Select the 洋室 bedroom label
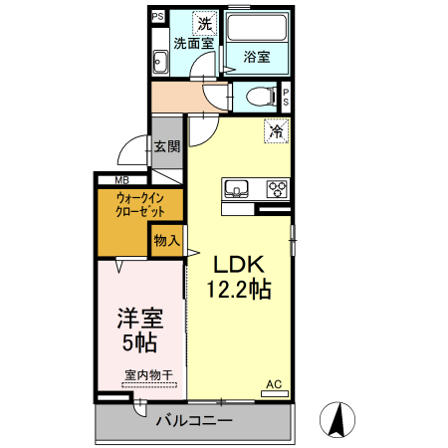[139, 320]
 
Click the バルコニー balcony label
[194, 421]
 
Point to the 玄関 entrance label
[166, 146]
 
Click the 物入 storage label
[166, 240]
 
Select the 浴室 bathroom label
[257, 58]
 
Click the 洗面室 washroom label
[194, 44]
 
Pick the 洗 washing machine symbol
[204, 23]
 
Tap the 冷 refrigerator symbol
[275, 130]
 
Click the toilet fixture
[259, 98]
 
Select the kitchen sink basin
[239, 188]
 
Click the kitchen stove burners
[276, 188]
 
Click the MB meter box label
[120, 180]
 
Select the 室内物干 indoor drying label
[149, 375]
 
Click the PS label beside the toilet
[287, 98]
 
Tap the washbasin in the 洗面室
[160, 62]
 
